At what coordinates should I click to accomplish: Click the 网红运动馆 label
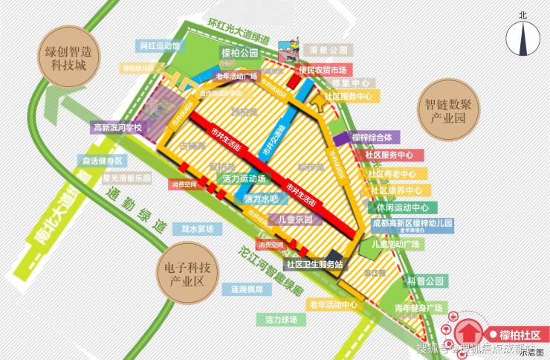point(159,45)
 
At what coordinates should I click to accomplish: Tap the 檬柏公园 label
point(239,53)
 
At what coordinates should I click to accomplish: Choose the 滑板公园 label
point(329,49)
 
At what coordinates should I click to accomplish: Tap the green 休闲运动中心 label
point(402,208)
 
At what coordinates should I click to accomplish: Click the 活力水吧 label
point(261,199)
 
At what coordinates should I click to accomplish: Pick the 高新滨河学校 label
point(117,128)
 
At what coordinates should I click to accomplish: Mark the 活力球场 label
point(281,319)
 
